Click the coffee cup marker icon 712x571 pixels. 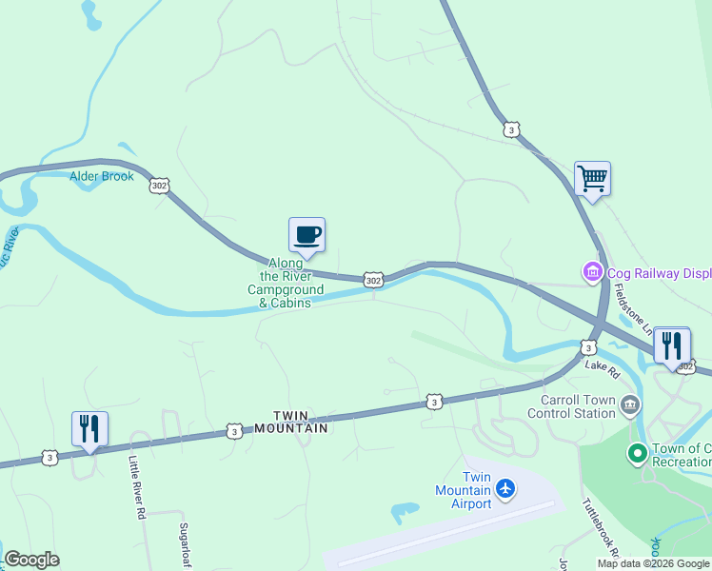point(307,235)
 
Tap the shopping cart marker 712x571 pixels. point(592,178)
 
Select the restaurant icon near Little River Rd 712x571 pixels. point(90,428)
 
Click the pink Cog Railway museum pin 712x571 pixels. point(593,273)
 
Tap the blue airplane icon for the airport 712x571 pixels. point(504,489)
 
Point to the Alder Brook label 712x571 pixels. point(102,176)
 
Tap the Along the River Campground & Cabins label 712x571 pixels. point(286,283)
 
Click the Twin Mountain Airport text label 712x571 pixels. point(463,490)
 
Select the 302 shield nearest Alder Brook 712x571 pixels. point(159,186)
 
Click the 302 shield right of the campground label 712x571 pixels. point(373,280)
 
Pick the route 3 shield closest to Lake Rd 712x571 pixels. point(588,347)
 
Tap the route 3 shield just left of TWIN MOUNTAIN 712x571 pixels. point(234,431)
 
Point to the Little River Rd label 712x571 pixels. point(137,486)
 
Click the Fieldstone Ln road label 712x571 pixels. point(633,308)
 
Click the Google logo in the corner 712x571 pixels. point(31,560)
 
